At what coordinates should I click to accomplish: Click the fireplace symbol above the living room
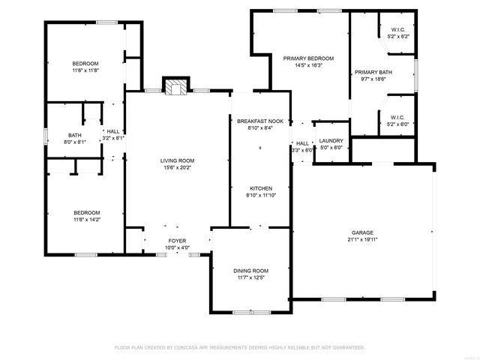click(175, 86)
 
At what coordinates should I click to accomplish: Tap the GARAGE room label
click(362, 232)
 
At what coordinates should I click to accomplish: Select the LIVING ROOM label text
click(177, 160)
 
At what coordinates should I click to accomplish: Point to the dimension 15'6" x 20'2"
click(177, 167)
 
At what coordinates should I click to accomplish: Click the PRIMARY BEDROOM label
click(308, 58)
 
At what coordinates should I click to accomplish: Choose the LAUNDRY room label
click(331, 141)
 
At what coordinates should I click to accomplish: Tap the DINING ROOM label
click(250, 271)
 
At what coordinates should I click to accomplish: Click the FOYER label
click(177, 241)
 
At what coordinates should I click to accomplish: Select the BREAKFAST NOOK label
click(260, 121)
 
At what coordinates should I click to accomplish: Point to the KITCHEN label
click(261, 188)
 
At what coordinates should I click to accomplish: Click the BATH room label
click(75, 135)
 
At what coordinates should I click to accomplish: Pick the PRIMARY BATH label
click(373, 72)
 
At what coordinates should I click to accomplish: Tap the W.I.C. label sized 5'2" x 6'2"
click(398, 30)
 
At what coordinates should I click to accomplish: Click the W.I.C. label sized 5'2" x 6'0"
click(398, 118)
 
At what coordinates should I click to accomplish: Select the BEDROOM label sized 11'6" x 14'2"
click(87, 213)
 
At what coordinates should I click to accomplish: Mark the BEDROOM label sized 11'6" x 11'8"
click(85, 64)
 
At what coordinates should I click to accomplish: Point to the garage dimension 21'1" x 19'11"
click(362, 239)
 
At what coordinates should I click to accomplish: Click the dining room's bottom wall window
click(252, 313)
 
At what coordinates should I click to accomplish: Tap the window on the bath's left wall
click(46, 136)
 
